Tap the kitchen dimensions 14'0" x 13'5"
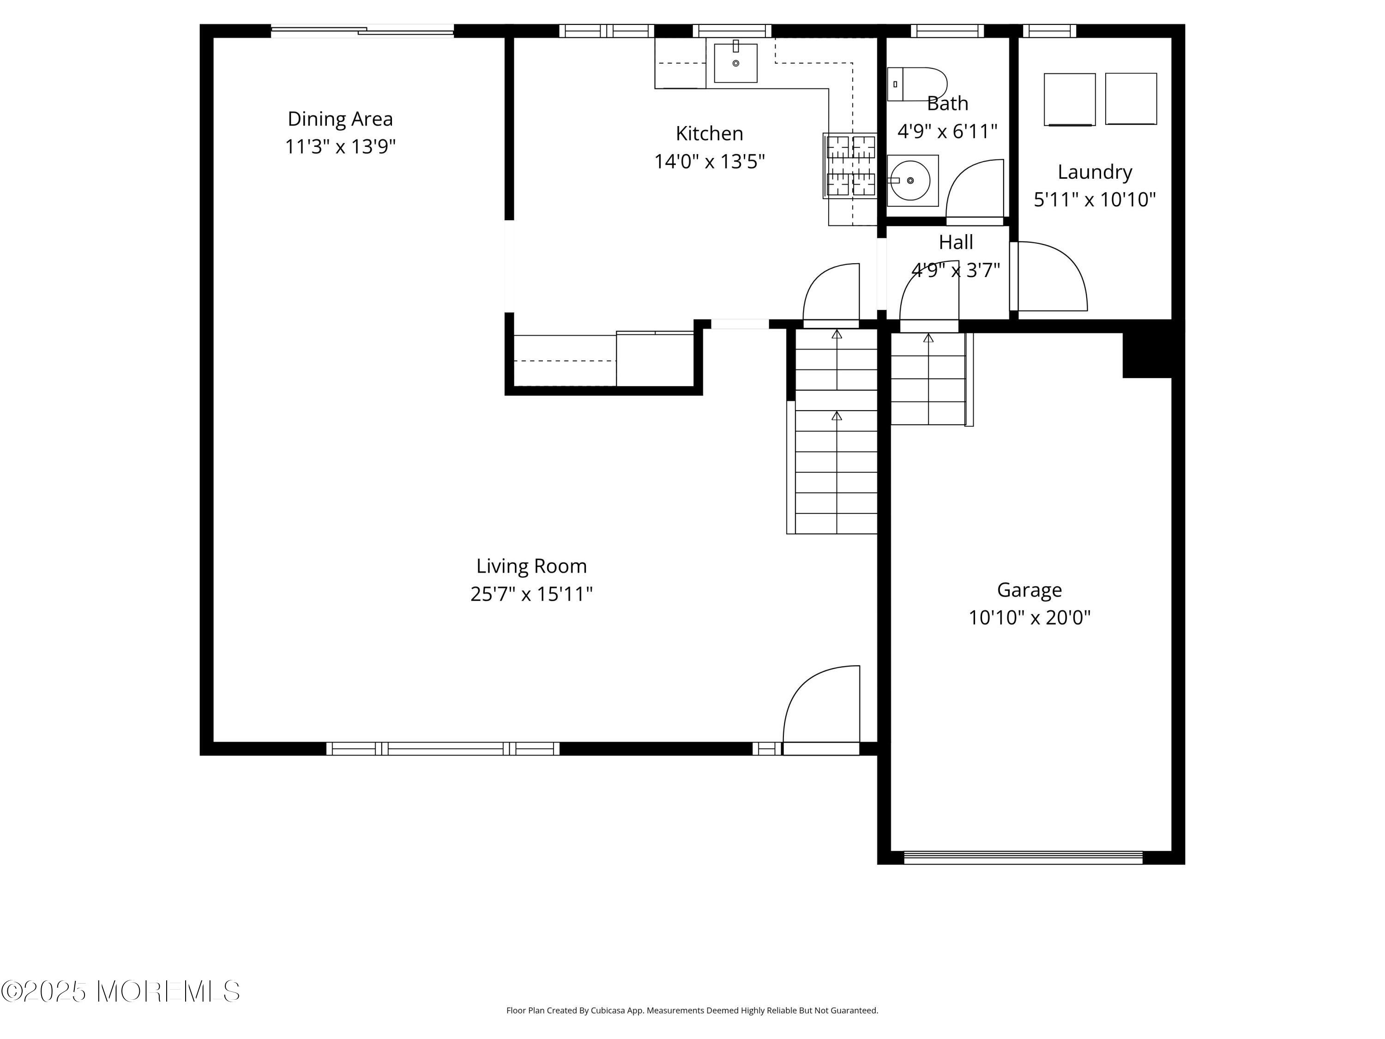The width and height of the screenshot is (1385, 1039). coord(710,162)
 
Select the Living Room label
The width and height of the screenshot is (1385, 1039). coord(531,566)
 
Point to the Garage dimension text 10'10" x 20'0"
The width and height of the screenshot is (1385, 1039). coord(1030,617)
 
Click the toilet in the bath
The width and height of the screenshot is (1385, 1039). coord(917,84)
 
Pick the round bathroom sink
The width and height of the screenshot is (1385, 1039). coord(913,181)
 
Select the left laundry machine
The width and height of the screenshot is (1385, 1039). coord(1069,100)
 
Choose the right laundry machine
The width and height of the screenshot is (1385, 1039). coord(1131,99)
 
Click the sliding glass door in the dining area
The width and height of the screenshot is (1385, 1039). coord(362,30)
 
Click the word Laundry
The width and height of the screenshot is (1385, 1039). coord(1095,172)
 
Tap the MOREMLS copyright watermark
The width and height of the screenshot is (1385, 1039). coord(120,991)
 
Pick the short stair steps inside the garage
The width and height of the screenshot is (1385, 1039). coord(932,379)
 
